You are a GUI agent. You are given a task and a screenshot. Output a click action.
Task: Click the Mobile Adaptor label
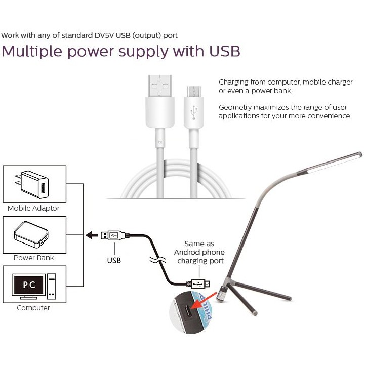[33, 208]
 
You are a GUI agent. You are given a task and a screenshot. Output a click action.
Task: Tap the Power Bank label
[33, 258]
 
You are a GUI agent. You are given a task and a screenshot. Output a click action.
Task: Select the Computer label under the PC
[33, 308]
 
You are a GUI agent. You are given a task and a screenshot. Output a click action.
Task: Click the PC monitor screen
[29, 285]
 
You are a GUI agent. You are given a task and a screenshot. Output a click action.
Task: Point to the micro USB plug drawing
[199, 283]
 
